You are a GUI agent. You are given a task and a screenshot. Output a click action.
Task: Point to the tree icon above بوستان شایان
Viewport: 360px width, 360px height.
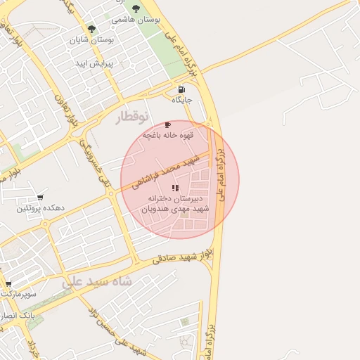tap(91, 29)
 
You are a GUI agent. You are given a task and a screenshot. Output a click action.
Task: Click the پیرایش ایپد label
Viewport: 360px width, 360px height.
tap(95, 63)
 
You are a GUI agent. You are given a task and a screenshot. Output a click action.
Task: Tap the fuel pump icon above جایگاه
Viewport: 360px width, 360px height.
tap(182, 89)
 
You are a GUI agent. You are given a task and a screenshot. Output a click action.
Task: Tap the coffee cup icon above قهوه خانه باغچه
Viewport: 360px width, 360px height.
tap(167, 124)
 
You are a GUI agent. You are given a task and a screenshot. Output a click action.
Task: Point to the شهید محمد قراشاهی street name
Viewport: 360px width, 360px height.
tap(169, 169)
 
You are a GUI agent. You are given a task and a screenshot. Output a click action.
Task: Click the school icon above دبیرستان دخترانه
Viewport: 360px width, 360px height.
tap(175, 188)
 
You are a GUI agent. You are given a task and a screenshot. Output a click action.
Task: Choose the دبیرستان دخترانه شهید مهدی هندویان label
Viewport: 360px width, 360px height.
tap(176, 204)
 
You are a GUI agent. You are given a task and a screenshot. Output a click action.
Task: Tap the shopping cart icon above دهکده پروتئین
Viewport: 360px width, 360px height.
tap(41, 198)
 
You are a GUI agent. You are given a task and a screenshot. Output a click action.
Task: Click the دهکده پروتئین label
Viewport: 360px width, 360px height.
tap(41, 209)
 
